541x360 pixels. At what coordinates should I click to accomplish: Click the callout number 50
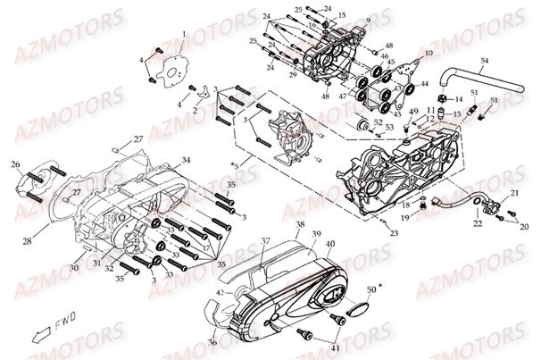tap(370, 289)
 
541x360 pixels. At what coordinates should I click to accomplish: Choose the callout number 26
tap(14, 164)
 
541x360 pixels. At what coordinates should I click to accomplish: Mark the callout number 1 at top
tap(184, 34)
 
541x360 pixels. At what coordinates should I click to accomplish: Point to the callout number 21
tap(514, 194)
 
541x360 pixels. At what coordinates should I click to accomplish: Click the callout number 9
tap(368, 20)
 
